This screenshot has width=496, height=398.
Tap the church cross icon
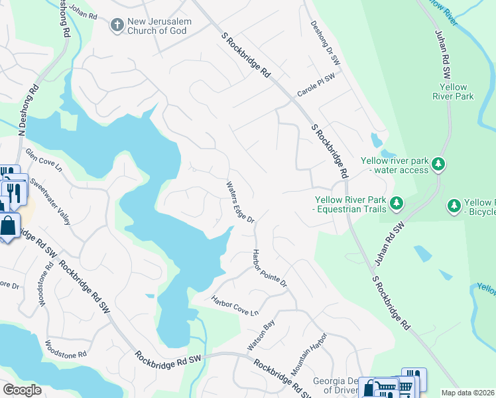117,25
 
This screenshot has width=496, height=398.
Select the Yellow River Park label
457,92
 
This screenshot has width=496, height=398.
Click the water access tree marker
438,163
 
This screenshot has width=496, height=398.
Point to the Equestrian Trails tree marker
397,202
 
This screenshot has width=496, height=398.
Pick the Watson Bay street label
261,336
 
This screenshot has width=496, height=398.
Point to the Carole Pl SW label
316,87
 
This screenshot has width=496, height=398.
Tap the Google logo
23,390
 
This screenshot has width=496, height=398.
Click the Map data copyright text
468,393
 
